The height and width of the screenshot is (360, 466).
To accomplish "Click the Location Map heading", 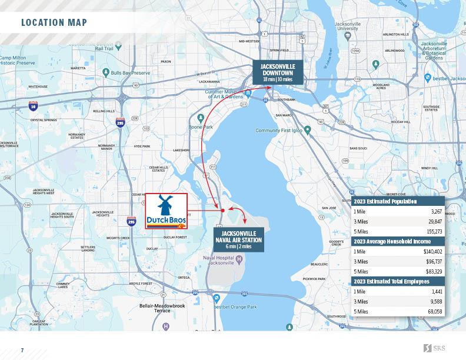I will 54,23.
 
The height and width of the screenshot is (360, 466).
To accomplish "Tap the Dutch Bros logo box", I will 166,211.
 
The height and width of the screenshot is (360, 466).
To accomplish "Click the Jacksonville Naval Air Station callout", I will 238,240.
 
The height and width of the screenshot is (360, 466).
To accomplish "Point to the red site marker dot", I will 222,210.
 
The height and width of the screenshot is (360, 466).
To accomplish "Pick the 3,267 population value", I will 436,211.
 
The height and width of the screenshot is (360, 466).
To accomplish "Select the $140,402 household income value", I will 432,251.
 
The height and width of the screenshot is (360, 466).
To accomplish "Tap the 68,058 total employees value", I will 434,311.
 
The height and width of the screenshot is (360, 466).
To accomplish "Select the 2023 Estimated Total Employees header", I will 392,281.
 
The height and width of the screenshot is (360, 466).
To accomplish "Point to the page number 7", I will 22,351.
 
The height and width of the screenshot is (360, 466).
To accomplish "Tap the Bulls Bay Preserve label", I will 131,72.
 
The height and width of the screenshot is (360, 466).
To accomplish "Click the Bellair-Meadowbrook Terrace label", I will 162,308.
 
